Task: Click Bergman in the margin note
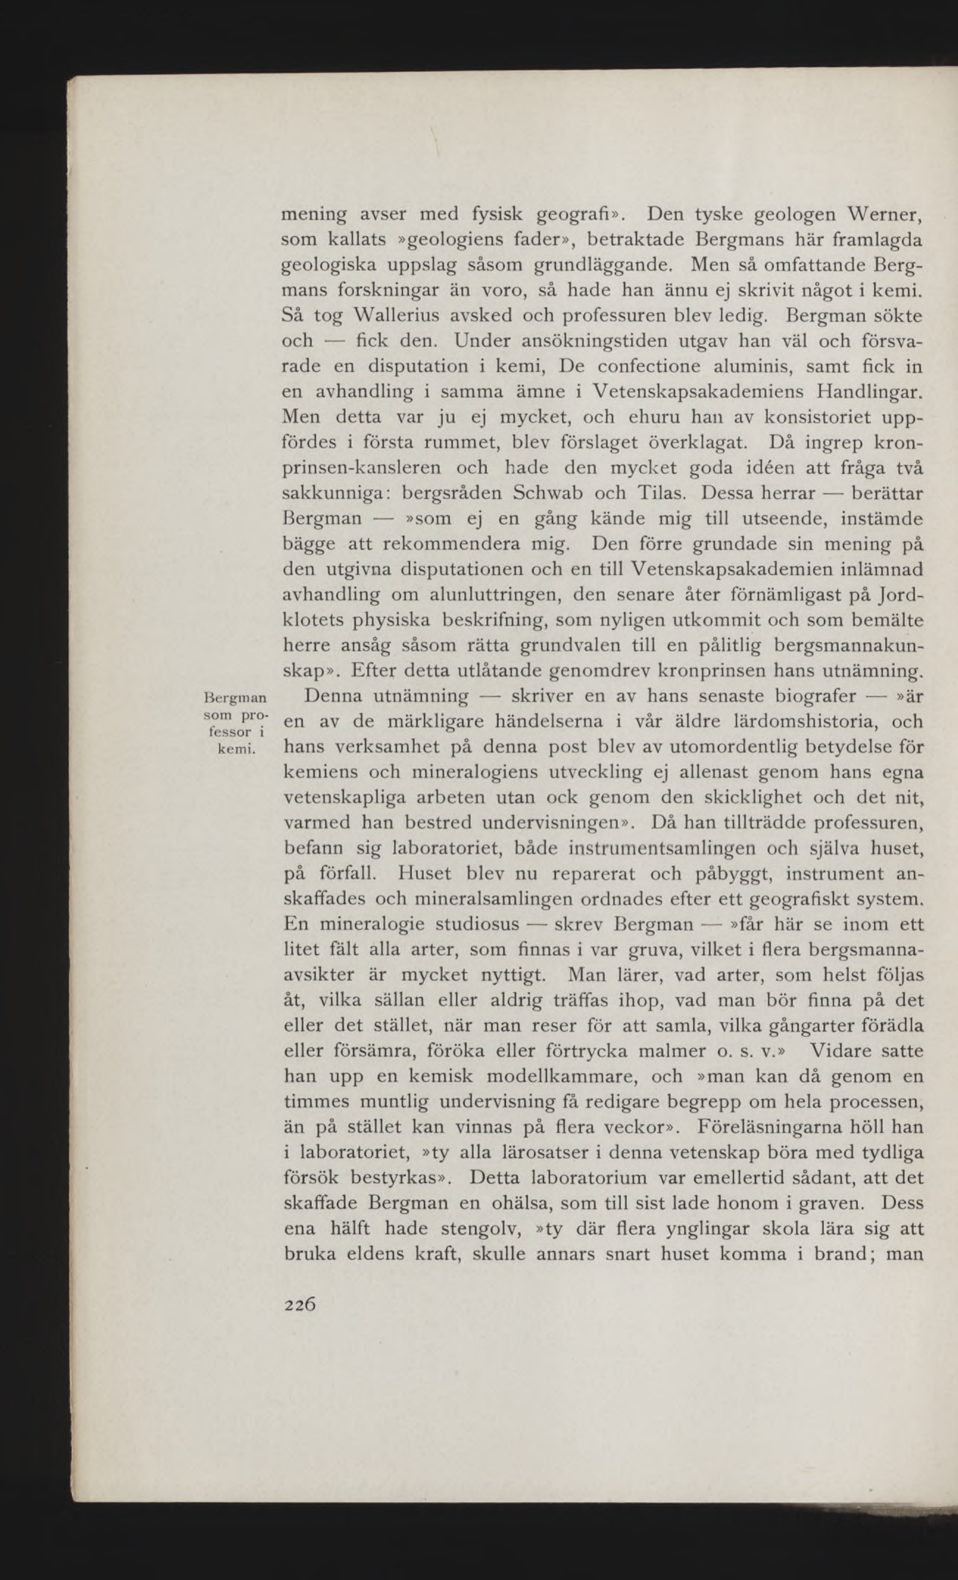(x=234, y=697)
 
